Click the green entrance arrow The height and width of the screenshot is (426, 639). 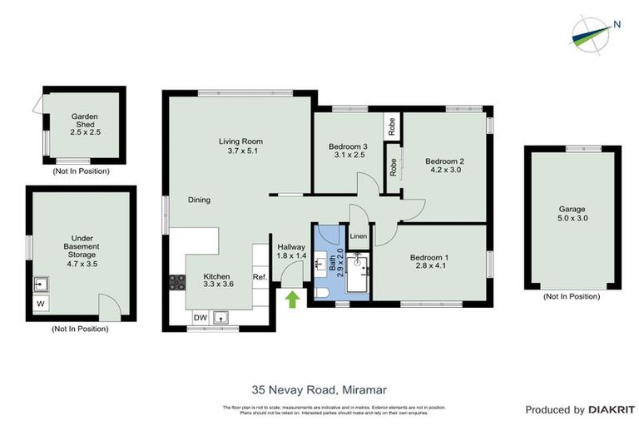point(292,299)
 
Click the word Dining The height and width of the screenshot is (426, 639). point(199,200)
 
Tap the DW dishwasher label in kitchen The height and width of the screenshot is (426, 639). point(199,317)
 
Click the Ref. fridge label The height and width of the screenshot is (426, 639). point(259,277)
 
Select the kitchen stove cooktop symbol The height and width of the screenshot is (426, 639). point(176,282)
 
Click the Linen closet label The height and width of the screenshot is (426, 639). point(359,236)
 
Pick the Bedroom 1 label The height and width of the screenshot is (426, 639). point(428,263)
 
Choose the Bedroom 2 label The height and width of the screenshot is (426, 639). point(443,165)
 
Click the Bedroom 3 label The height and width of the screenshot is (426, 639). point(347,150)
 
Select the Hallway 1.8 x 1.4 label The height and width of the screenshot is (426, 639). point(291,252)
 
